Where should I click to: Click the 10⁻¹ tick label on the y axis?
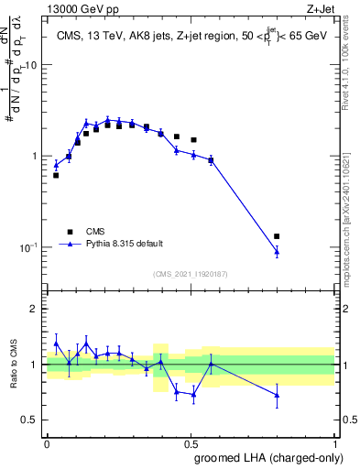(x=29, y=247)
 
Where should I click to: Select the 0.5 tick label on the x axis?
(x=191, y=442)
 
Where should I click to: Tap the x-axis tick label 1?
(x=334, y=442)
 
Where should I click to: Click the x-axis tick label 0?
(x=47, y=442)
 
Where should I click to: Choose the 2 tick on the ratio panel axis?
(x=37, y=309)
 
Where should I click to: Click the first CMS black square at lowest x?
(x=56, y=175)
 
